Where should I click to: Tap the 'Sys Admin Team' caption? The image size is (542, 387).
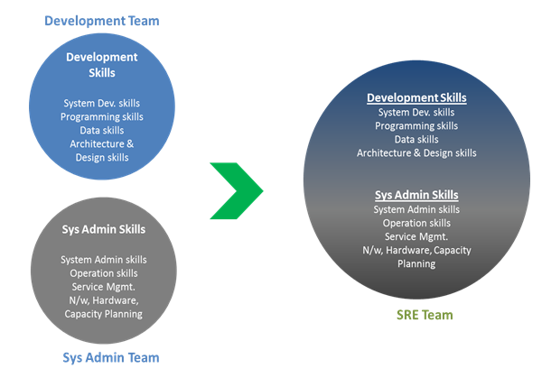(110, 357)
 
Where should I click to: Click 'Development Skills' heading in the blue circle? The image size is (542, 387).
(102, 64)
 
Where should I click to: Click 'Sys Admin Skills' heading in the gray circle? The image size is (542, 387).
(104, 229)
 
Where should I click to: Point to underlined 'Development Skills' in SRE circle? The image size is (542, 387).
(416, 97)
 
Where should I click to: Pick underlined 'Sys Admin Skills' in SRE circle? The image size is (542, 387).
(416, 195)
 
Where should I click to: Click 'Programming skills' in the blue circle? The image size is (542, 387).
(102, 116)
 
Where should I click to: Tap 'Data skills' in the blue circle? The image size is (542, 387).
(102, 130)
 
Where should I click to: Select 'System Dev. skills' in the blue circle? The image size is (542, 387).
(102, 103)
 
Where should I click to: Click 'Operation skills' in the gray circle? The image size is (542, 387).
(104, 273)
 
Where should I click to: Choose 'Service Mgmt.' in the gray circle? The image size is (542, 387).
(104, 287)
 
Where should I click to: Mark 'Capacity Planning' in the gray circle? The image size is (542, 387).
(104, 314)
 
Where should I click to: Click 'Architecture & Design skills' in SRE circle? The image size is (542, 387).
(416, 152)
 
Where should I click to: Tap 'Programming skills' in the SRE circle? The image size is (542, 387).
(416, 125)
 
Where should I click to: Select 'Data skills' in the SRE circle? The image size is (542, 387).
(416, 139)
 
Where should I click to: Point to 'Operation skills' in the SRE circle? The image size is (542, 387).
(416, 223)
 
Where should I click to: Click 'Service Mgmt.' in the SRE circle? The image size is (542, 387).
(416, 236)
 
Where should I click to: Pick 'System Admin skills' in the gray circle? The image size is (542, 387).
(104, 260)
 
